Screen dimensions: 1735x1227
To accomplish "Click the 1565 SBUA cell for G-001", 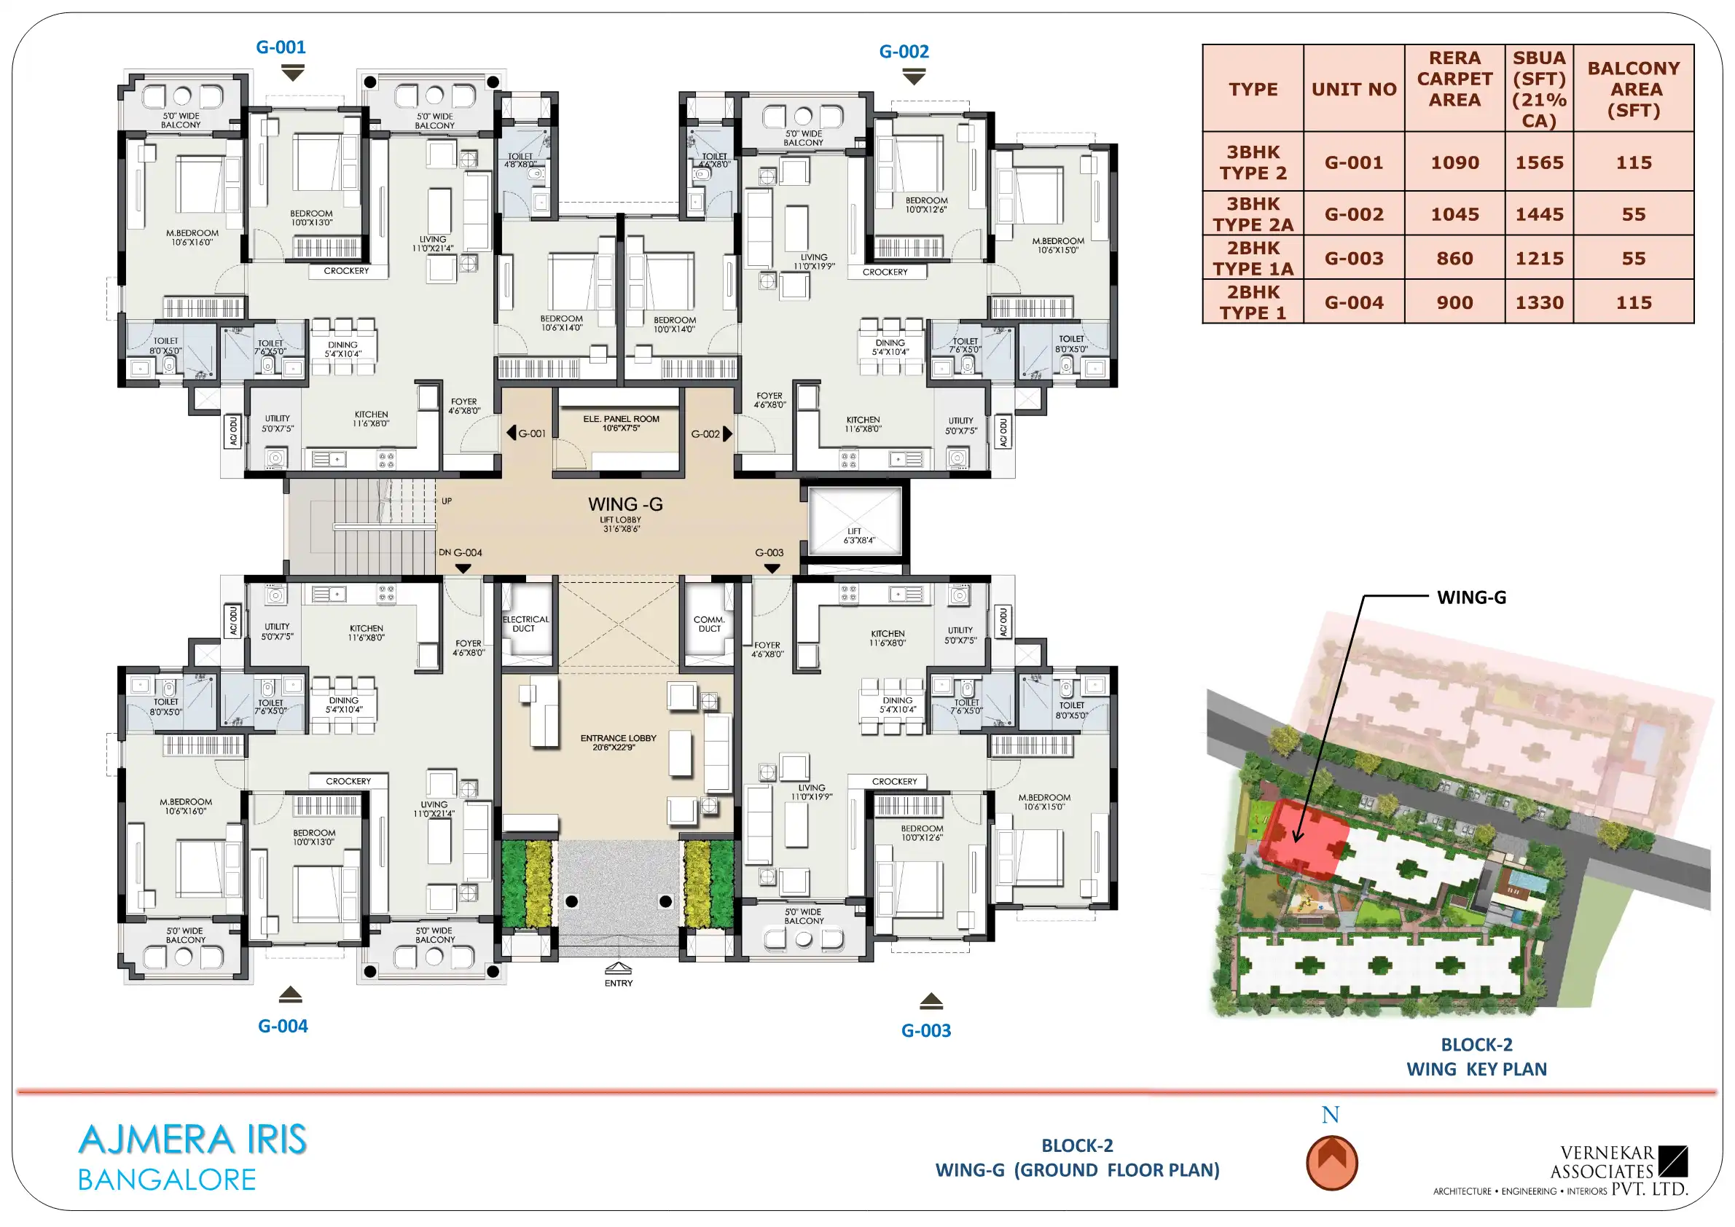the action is point(1538,162).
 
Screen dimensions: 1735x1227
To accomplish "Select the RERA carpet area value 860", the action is point(1454,259).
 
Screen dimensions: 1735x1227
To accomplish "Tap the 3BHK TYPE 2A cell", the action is point(1253,213).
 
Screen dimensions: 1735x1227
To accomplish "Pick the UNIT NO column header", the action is point(1353,89).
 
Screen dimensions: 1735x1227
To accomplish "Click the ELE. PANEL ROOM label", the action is point(621,423).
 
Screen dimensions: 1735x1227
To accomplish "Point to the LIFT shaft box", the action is point(855,520).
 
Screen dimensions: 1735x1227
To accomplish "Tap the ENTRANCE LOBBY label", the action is point(618,742).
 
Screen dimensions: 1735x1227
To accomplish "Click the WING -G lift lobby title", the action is point(625,504).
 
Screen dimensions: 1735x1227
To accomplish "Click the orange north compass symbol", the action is point(1331,1163).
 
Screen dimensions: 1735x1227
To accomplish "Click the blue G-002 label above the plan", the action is point(904,52).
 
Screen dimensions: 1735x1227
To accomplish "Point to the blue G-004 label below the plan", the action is point(283,1026).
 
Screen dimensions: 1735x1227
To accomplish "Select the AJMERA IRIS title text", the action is point(192,1140).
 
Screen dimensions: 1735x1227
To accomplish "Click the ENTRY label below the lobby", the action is point(618,983).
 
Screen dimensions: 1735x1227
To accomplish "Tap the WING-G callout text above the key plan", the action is point(1471,597).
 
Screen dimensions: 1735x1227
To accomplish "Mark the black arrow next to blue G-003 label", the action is point(931,1001).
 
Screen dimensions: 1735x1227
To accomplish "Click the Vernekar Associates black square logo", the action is point(1673,1161).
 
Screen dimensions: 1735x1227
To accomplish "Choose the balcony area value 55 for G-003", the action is point(1633,259).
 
